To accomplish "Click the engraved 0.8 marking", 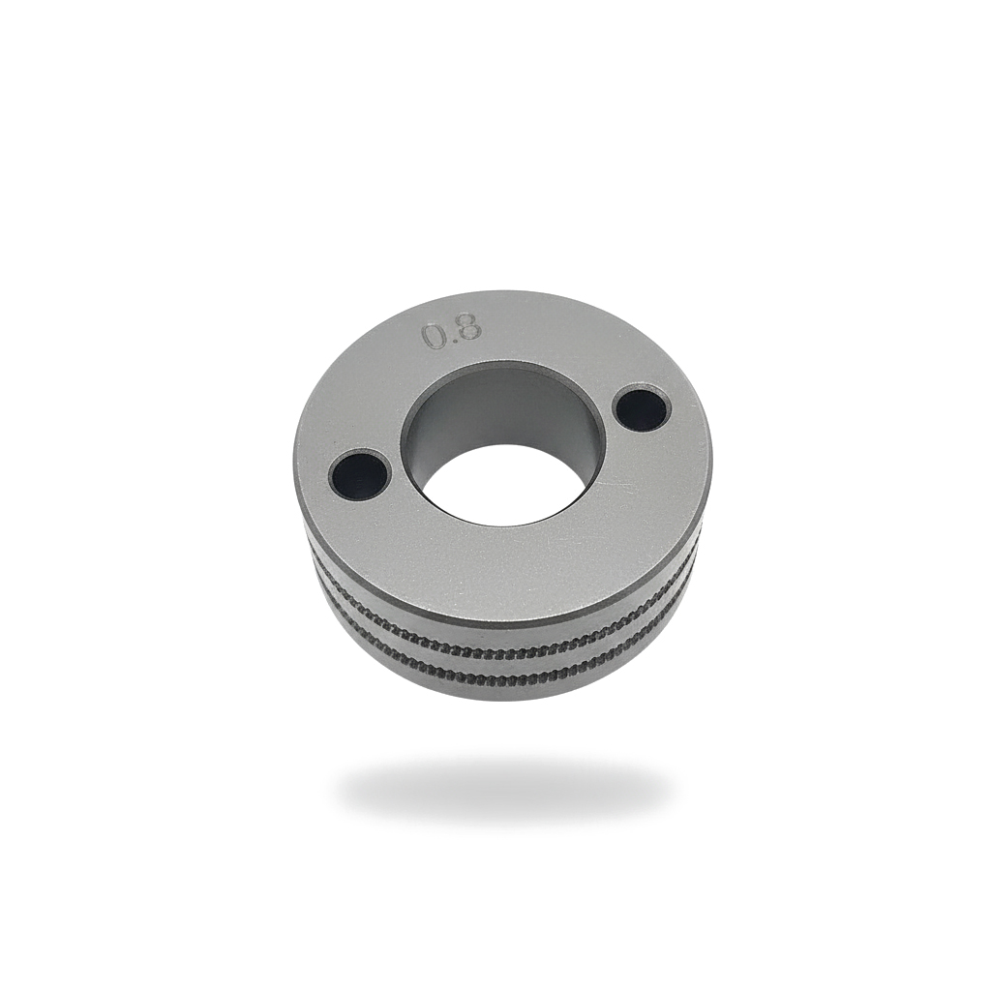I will pyautogui.click(x=451, y=333).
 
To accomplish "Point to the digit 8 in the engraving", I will pyautogui.click(x=466, y=329).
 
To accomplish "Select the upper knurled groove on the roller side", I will pyautogui.click(x=503, y=642).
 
